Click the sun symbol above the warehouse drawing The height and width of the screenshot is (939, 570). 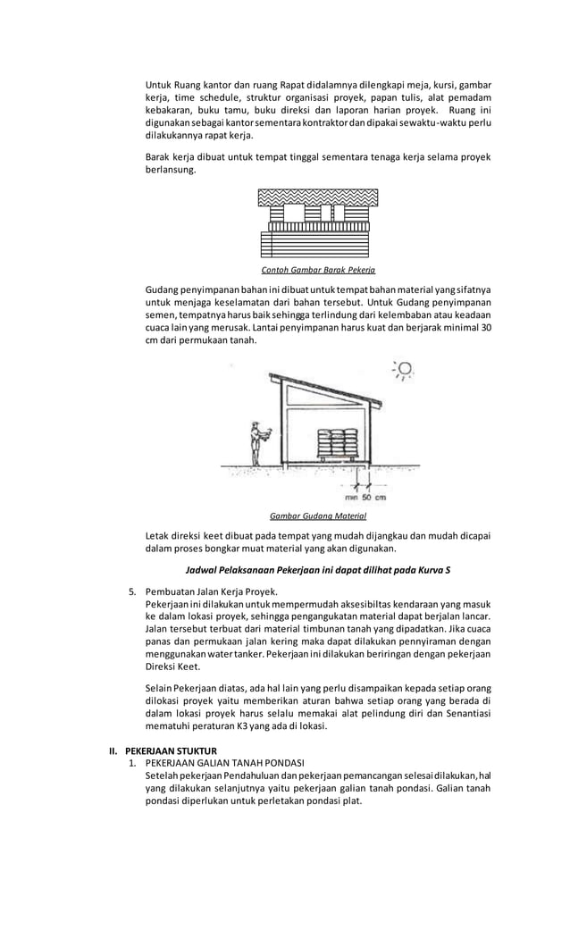pyautogui.click(x=404, y=369)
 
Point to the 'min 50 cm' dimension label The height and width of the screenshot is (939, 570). pyautogui.click(x=365, y=497)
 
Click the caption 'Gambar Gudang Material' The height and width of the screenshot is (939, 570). pyautogui.click(x=317, y=516)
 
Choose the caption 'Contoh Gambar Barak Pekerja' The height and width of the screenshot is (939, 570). pyautogui.click(x=318, y=269)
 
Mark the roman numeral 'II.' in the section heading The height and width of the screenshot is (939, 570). pyautogui.click(x=113, y=750)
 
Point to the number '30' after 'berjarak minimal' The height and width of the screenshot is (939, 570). pyautogui.click(x=485, y=327)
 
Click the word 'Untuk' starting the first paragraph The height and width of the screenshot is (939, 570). pyautogui.click(x=158, y=85)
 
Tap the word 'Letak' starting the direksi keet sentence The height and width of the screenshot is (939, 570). pyautogui.click(x=157, y=536)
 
